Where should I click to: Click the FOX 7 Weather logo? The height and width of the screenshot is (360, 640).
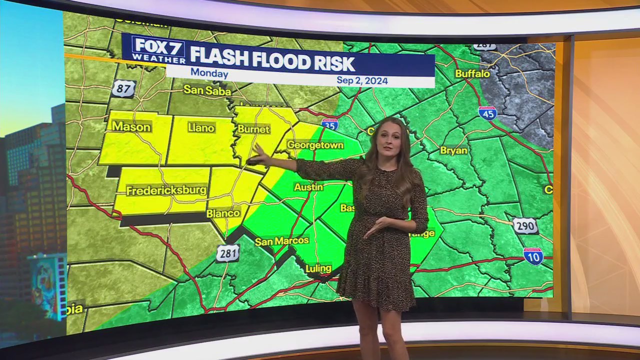[158, 50]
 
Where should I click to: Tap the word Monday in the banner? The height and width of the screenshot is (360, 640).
[209, 73]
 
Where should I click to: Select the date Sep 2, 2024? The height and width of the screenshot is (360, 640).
[362, 80]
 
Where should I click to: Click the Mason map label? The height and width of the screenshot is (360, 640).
[131, 127]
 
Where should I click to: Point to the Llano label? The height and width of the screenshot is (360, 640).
[201, 128]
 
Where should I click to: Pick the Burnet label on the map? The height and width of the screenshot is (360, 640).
[253, 129]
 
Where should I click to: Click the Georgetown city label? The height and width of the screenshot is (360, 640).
[315, 145]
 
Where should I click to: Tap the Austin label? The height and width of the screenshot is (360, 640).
[308, 187]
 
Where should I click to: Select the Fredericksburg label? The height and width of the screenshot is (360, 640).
[166, 190]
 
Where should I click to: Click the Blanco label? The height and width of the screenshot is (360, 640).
[223, 213]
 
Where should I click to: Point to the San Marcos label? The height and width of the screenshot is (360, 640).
[281, 241]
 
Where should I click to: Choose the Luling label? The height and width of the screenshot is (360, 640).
[318, 268]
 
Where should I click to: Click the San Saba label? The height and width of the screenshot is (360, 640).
[207, 90]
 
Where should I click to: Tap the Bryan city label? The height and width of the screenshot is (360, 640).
[453, 150]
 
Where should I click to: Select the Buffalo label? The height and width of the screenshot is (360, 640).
[472, 73]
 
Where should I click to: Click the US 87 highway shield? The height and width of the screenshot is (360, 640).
[123, 88]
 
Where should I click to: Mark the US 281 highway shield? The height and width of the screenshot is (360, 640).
[227, 253]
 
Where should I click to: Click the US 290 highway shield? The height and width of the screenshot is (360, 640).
[525, 225]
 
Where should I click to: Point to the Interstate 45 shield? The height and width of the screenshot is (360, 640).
[487, 113]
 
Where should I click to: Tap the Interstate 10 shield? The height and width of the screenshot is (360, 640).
[533, 256]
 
